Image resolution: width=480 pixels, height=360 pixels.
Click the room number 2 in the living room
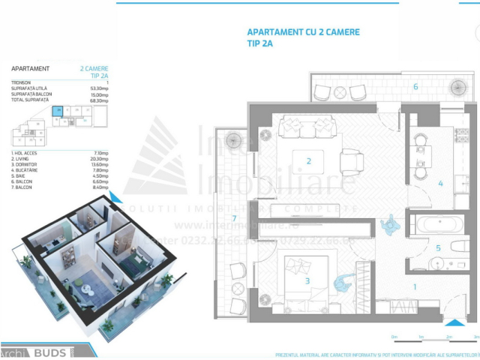point(307,160)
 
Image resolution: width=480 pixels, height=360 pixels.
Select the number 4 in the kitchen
point(440,182)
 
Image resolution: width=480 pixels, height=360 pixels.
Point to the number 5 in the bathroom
point(438,247)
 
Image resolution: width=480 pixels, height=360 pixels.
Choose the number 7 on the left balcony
point(235,218)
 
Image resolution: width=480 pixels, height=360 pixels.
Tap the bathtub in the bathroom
point(440,223)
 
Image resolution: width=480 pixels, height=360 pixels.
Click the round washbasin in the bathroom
point(439,262)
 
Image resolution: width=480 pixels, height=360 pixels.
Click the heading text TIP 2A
point(260,44)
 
